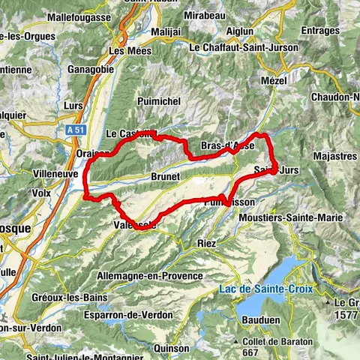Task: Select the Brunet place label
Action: point(165,176)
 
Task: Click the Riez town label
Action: point(205,243)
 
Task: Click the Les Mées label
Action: point(127,51)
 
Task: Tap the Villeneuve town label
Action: point(56,172)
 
